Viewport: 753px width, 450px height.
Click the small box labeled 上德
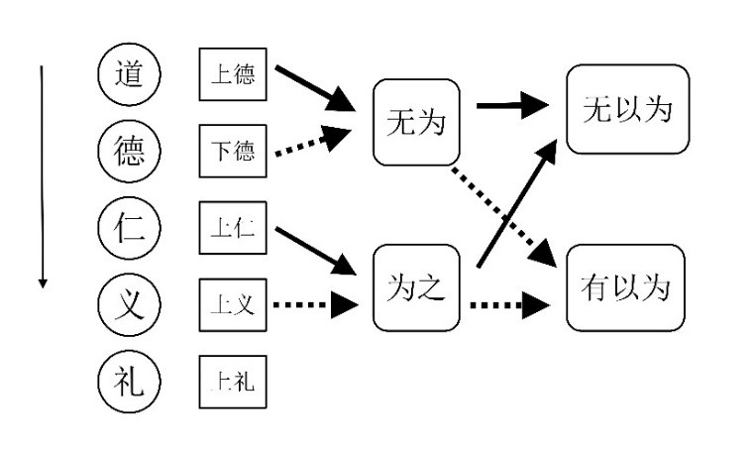(x=233, y=73)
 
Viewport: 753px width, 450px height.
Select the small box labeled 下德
(x=233, y=150)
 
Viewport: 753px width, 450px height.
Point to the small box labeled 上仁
(x=233, y=226)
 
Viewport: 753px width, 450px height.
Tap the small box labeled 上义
(x=233, y=303)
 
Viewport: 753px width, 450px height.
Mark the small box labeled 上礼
(x=233, y=381)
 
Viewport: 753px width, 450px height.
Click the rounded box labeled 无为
(x=416, y=124)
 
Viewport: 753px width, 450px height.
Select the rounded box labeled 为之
(x=416, y=287)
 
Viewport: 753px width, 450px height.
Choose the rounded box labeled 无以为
(x=627, y=108)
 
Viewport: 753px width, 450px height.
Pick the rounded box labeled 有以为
(x=627, y=287)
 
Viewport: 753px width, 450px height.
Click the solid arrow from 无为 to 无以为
(x=513, y=106)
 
